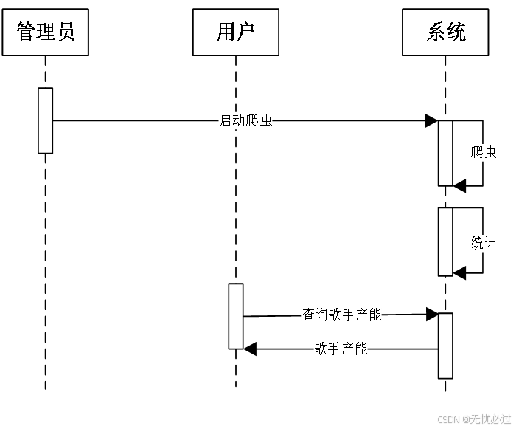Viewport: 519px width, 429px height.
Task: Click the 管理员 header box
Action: tap(45, 32)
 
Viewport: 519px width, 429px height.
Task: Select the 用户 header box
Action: tap(236, 32)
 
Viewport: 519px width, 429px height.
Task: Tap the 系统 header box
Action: tap(446, 32)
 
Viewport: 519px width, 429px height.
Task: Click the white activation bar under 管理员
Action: tap(46, 120)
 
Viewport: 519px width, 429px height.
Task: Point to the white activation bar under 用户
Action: tap(236, 316)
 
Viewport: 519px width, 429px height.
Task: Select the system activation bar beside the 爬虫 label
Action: tap(445, 153)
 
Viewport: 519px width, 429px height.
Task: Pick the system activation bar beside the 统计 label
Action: tap(445, 241)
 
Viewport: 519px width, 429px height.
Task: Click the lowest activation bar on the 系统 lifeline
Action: tap(445, 346)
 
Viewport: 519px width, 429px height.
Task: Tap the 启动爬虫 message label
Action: tap(245, 120)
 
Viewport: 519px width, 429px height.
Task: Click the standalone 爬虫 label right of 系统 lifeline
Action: tap(484, 153)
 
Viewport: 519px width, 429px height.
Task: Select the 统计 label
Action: tap(484, 243)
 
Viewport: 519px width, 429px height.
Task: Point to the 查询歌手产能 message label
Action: tap(341, 315)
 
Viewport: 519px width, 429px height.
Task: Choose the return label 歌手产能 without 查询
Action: tap(341, 349)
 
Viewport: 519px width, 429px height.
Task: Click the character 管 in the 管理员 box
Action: tap(27, 32)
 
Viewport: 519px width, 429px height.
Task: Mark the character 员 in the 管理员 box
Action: tap(65, 32)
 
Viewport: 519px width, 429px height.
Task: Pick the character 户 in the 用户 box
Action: tap(246, 32)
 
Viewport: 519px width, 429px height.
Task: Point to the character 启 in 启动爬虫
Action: tap(226, 120)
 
